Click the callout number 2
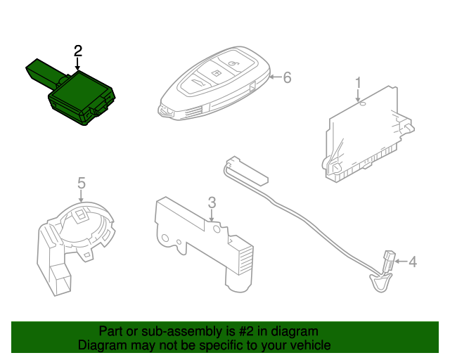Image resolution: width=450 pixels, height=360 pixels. [78, 51]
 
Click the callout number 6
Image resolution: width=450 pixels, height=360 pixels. [287, 77]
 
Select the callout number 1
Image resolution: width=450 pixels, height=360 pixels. [358, 83]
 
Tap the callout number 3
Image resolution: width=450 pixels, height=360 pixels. [212, 202]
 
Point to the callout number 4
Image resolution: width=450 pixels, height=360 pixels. [413, 262]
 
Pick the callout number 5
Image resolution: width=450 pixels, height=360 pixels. [82, 183]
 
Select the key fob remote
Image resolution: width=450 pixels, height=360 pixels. [214, 83]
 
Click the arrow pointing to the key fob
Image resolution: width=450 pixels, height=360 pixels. [276, 77]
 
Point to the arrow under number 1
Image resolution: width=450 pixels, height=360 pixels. [358, 96]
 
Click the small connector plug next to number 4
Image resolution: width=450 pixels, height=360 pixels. [388, 260]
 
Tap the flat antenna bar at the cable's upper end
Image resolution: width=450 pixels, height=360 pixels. [247, 169]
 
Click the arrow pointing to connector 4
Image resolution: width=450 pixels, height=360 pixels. [401, 262]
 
